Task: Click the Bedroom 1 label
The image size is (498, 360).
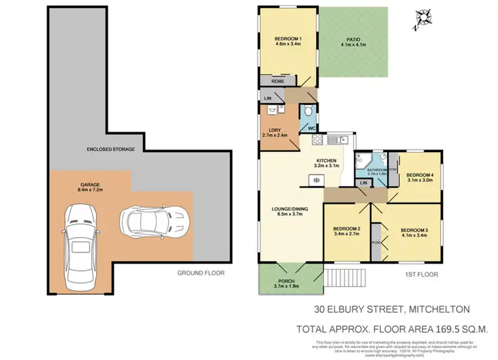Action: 288,43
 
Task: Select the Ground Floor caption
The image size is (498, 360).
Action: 201,273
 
